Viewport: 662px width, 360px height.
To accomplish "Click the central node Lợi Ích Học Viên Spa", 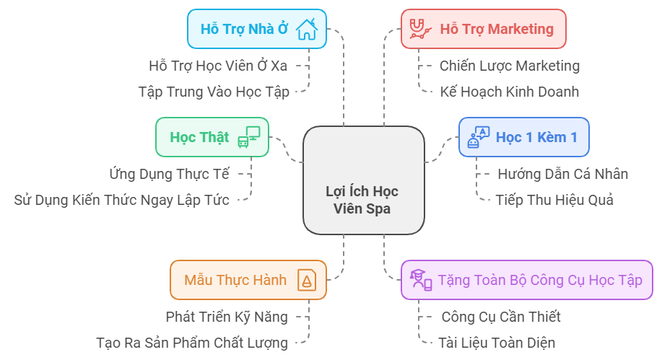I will coord(363,180).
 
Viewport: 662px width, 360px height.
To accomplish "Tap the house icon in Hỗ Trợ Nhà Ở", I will coord(306,29).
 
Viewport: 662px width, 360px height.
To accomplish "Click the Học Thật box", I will coord(212,137).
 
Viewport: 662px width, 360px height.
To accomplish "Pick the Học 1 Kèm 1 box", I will coord(523,137).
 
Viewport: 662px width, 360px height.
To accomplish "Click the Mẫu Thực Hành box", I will coord(248,280).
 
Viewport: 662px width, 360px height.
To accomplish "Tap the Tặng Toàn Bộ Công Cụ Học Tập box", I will coord(522,280).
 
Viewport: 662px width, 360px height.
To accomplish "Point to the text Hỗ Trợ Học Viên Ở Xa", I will coord(218,66).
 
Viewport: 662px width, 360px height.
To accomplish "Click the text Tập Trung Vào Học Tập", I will coord(214,92).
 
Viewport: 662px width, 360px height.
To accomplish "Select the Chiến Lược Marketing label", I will coord(509,66).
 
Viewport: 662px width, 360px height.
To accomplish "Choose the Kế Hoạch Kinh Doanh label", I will coord(509,92).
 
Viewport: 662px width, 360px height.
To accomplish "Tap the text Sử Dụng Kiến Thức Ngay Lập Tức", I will coord(121,200).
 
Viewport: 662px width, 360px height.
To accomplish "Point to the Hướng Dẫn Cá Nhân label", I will coord(562,174).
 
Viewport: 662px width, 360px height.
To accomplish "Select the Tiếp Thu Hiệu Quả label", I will coord(554,200).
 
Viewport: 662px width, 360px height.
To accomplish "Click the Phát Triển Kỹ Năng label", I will coord(226,317).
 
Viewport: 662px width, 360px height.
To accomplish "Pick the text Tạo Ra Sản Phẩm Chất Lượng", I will coord(192,343).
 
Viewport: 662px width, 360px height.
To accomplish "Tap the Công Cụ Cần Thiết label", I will coord(500,317).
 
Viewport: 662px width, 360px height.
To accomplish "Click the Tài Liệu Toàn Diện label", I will coord(497,343).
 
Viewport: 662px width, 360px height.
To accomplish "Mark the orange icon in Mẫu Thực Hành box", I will coord(307,280).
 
